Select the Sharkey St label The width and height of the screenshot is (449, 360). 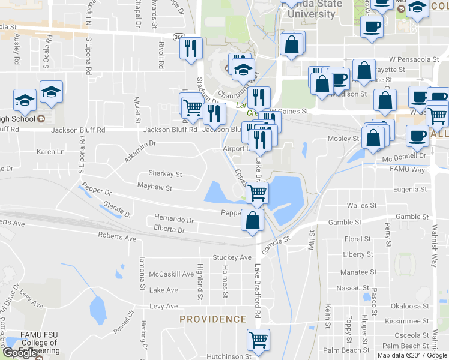coord(165,174)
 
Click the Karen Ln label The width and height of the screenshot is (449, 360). coord(50,152)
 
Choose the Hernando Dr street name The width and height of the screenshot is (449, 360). coord(174,220)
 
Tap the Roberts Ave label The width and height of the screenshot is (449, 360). coord(117,237)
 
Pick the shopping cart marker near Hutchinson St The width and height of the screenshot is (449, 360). coord(258,340)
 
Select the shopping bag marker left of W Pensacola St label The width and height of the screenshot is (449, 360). coord(364,70)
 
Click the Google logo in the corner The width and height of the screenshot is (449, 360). coord(19,353)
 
